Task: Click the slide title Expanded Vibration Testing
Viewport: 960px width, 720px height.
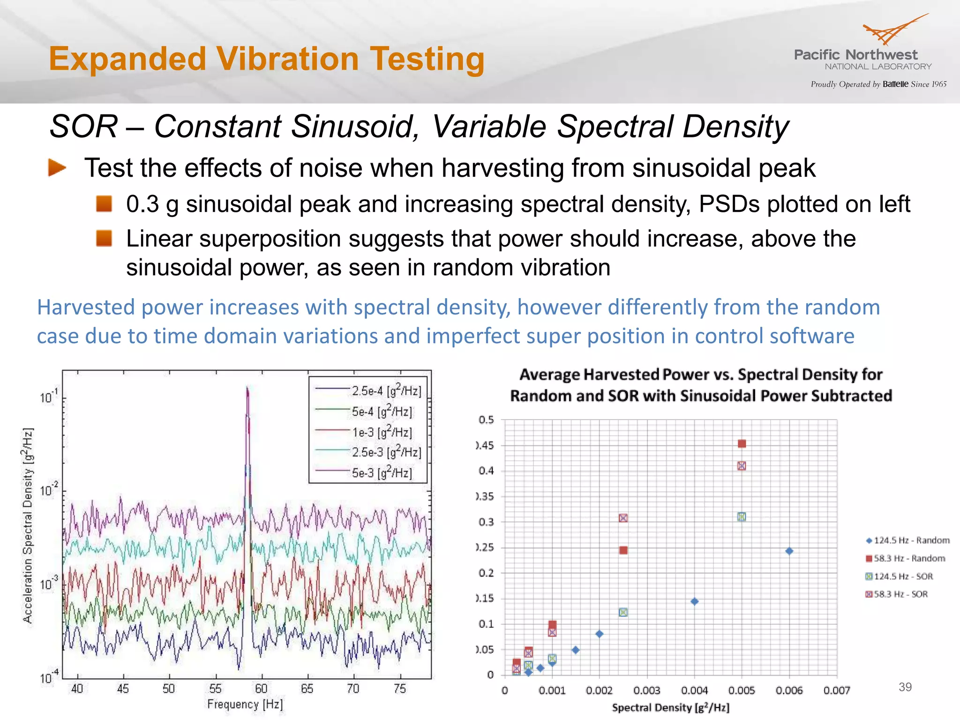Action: point(266,59)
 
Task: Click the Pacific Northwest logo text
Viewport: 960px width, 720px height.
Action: point(855,55)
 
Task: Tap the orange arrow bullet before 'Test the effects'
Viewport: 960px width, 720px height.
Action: point(57,167)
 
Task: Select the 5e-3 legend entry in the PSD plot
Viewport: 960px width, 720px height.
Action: point(382,472)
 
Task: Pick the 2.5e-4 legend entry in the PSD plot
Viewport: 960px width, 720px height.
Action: point(386,390)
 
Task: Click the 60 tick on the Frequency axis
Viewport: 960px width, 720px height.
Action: point(261,688)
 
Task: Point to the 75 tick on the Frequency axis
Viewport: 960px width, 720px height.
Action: point(399,688)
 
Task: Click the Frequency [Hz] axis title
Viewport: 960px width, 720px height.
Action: point(245,704)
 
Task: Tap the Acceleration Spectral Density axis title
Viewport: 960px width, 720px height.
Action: point(28,525)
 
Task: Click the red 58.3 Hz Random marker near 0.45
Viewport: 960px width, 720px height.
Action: point(742,443)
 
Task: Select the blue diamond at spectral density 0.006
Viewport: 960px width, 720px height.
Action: point(789,551)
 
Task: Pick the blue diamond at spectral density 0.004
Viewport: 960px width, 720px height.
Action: point(695,601)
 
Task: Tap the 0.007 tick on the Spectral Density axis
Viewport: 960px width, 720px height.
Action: point(837,690)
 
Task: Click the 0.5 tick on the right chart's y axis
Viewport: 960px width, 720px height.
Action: point(486,420)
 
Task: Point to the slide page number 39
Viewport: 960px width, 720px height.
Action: point(905,687)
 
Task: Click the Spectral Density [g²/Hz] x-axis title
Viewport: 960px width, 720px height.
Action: point(670,707)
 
